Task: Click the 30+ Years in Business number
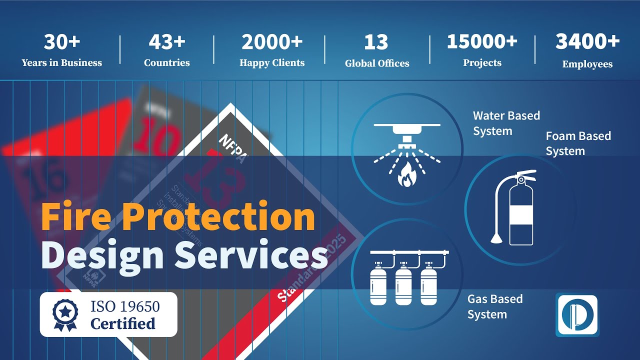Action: coord(62,42)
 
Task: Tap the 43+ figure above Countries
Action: coord(167,42)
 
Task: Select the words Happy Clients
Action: coord(272,63)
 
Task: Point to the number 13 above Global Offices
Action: coord(376,43)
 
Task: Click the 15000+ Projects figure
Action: coord(482,42)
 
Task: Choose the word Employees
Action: coord(587,64)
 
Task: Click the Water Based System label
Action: coord(506,123)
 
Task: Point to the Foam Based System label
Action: coord(578,143)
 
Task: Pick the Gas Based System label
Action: coord(494,306)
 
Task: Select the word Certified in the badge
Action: coord(123,323)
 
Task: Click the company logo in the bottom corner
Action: coord(577,315)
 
